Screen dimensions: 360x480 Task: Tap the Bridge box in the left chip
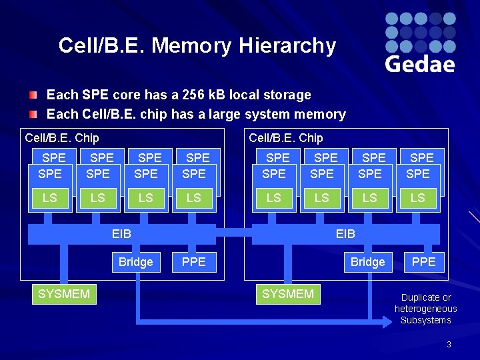[x=135, y=262]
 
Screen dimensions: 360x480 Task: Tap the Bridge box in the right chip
[x=367, y=262]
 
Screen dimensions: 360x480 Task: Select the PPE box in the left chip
[x=194, y=262]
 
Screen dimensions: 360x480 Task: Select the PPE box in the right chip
[x=423, y=262]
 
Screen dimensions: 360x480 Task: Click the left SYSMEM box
[x=64, y=294]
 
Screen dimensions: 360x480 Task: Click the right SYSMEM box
[x=288, y=294]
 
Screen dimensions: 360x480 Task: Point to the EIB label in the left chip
[x=122, y=234]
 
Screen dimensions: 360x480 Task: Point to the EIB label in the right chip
[x=345, y=234]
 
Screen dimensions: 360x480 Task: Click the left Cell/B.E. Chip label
[x=61, y=138]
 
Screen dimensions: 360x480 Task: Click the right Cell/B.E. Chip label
[x=285, y=138]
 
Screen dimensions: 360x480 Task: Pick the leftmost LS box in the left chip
[x=50, y=198]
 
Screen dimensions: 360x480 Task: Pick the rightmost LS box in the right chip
[x=418, y=198]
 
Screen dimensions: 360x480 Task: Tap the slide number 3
[x=449, y=345]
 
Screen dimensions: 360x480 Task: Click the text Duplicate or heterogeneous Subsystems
[x=426, y=309]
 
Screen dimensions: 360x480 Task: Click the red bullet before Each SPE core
[x=33, y=95]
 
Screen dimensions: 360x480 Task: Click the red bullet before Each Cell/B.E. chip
[x=33, y=114]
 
